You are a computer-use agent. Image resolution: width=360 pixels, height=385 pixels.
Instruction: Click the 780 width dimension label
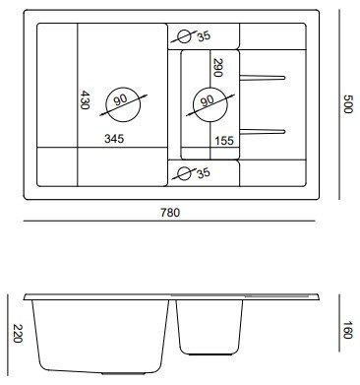[170, 213]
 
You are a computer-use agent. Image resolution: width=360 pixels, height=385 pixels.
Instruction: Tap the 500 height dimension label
[347, 103]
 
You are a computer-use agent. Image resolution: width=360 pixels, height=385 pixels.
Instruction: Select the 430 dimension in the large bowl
[85, 99]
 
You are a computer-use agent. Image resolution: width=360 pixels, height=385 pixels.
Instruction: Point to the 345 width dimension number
[114, 139]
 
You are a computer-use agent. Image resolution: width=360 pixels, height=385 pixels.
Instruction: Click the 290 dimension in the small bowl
[217, 68]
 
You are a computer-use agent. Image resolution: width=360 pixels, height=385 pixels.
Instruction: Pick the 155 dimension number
[224, 141]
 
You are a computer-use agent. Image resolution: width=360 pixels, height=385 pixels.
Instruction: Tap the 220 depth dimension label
[18, 334]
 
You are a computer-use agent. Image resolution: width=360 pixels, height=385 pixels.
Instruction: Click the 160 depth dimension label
[347, 330]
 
